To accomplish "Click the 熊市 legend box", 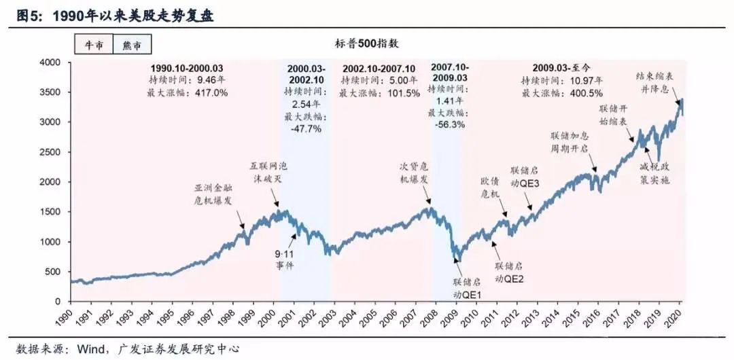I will [132, 44].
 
